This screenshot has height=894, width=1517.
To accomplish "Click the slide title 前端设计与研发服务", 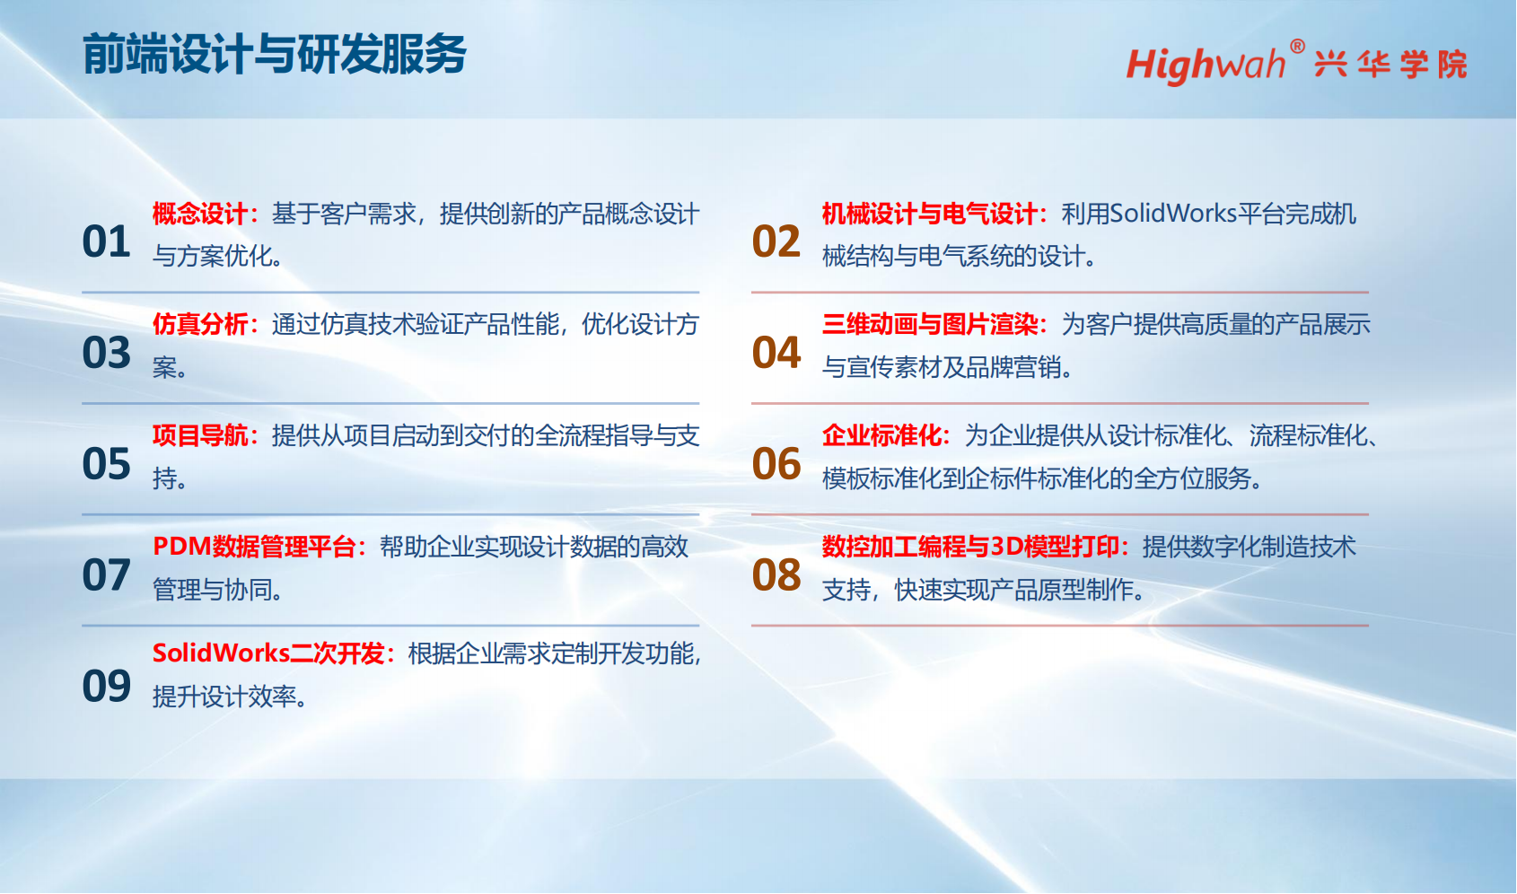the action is click(x=275, y=54).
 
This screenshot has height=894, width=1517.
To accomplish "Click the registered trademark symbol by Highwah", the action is click(x=1297, y=46).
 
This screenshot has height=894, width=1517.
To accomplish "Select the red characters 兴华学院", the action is click(x=1390, y=65).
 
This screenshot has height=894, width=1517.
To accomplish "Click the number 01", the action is click(x=106, y=241).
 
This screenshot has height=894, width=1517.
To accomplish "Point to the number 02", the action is click(x=776, y=241).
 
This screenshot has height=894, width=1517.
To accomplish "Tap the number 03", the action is click(x=106, y=353).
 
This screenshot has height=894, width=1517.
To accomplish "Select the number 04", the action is click(x=776, y=353).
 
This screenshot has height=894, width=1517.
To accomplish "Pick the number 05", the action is click(x=106, y=464).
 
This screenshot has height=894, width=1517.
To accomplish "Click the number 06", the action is click(x=776, y=464).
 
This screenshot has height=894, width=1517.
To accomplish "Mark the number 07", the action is click(x=106, y=575).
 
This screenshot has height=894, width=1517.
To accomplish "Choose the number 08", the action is click(x=776, y=575).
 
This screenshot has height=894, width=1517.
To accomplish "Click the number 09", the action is click(x=106, y=686).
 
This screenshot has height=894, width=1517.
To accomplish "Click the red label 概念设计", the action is click(x=200, y=214).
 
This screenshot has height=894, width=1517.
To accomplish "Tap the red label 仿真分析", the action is click(x=200, y=324).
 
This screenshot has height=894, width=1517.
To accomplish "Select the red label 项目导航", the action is click(x=200, y=435).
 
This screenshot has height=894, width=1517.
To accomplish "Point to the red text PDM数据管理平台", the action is click(x=254, y=547).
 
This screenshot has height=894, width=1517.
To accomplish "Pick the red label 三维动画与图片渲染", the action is click(x=930, y=324).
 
